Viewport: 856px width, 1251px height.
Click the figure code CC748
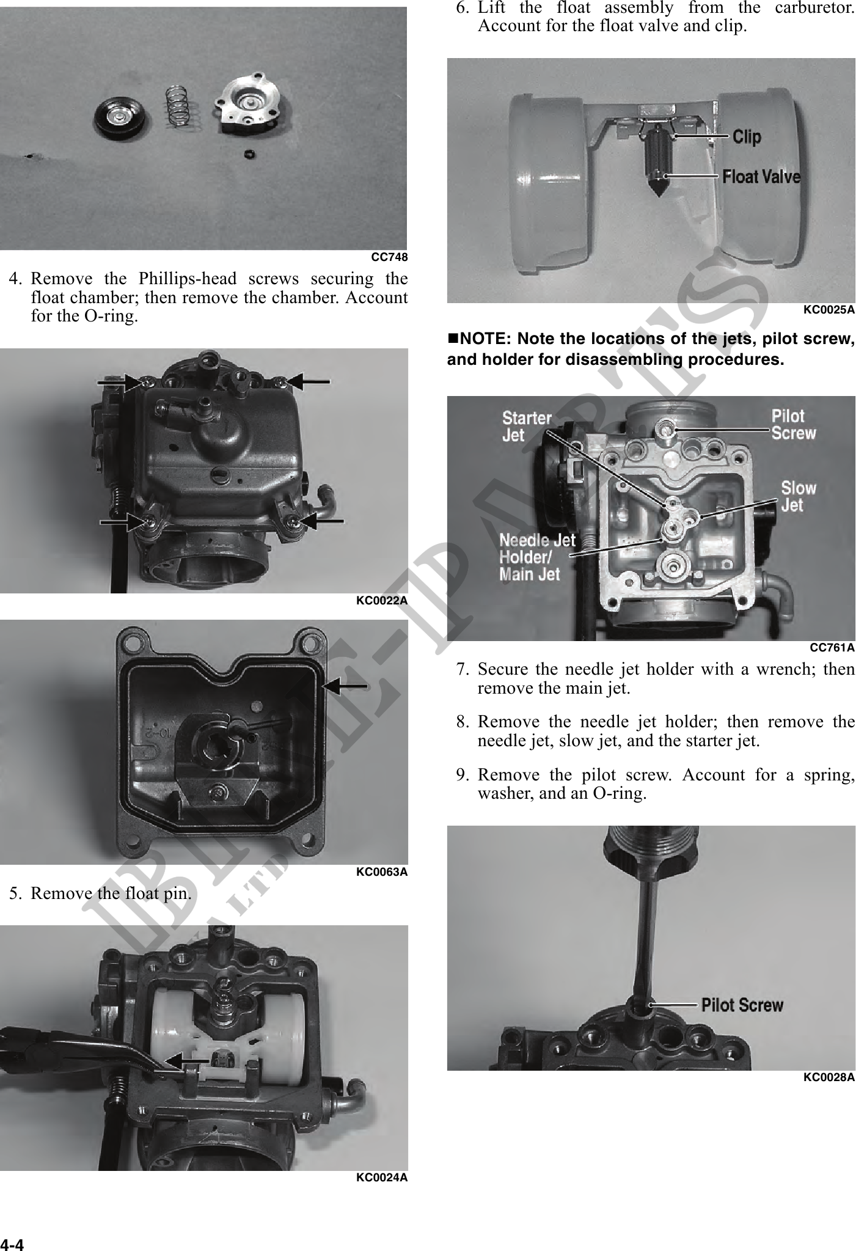pyautogui.click(x=389, y=257)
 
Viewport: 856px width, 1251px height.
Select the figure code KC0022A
pyautogui.click(x=381, y=601)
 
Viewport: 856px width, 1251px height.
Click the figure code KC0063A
pyautogui.click(x=381, y=872)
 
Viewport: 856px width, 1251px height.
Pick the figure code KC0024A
pyautogui.click(x=381, y=1178)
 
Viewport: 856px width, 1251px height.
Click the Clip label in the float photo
pyautogui.click(x=747, y=136)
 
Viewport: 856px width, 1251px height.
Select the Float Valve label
pyautogui.click(x=761, y=177)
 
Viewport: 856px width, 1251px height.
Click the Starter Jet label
pyautogui.click(x=527, y=427)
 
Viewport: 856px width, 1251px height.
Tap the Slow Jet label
pyautogui.click(x=798, y=496)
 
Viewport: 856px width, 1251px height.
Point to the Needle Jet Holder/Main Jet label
pyautogui.click(x=537, y=557)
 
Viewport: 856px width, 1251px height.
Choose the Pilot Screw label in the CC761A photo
pyautogui.click(x=793, y=425)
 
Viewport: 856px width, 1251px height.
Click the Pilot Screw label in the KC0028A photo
pyautogui.click(x=742, y=1005)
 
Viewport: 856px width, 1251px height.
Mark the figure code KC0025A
pyautogui.click(x=829, y=310)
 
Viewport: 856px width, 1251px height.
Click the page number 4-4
pyautogui.click(x=12, y=1244)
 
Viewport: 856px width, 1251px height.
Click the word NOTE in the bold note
pyautogui.click(x=485, y=339)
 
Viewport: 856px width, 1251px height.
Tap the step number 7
pyautogui.click(x=463, y=670)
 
